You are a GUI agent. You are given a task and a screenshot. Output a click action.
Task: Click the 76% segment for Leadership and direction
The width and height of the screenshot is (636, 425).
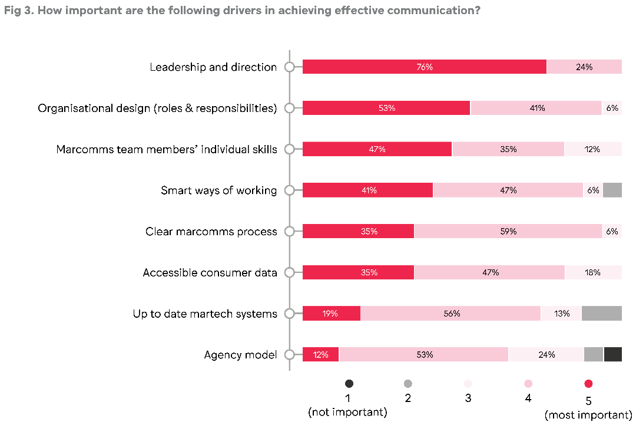[425, 67]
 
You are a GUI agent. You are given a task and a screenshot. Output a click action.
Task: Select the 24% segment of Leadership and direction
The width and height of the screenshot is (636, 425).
[584, 67]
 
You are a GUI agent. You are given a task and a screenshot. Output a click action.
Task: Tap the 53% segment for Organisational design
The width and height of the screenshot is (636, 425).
[386, 108]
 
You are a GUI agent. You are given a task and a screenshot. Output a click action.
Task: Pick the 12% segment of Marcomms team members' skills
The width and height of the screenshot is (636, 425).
[593, 149]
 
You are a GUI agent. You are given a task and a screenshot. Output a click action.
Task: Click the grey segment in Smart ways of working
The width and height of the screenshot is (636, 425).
[612, 190]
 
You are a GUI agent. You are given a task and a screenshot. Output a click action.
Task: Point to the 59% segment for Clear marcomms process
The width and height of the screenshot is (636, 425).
[508, 231]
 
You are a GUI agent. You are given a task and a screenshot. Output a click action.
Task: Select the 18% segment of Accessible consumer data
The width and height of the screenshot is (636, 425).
[593, 272]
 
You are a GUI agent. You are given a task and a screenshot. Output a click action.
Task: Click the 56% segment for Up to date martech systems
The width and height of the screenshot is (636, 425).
[450, 314]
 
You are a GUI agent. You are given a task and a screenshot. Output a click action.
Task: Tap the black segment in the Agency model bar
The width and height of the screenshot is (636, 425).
[613, 354]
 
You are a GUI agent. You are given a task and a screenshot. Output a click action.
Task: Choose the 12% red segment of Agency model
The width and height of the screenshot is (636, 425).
[321, 354]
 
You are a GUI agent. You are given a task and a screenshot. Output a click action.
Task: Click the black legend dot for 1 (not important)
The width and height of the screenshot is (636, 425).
[349, 384]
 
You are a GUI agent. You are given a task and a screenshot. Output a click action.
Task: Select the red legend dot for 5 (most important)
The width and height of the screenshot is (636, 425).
[588, 384]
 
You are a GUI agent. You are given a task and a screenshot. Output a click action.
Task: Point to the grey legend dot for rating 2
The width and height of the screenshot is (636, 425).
[408, 384]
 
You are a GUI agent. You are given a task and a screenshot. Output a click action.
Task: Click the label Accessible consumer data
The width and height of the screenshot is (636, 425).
[210, 272]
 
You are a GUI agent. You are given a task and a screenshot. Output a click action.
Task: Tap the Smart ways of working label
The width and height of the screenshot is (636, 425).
[218, 190]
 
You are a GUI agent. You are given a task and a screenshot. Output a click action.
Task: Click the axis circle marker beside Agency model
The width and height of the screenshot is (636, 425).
[289, 354]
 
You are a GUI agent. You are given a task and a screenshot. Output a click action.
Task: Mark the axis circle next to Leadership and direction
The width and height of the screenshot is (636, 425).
[289, 67]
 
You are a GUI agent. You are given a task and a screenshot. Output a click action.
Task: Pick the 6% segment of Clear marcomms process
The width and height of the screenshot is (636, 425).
[612, 231]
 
